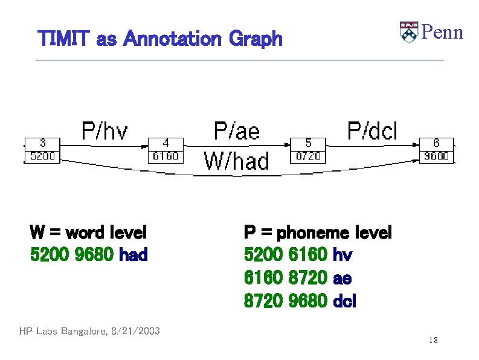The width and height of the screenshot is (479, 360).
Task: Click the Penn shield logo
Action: click(x=409, y=32)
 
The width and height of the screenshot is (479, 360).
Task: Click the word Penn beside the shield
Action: click(x=442, y=32)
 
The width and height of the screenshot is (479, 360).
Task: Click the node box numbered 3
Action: click(x=42, y=150)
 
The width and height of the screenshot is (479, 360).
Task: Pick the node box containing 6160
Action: click(x=166, y=150)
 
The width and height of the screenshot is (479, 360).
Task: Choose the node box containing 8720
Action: click(x=309, y=150)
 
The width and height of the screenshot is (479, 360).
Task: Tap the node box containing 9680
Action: click(x=436, y=150)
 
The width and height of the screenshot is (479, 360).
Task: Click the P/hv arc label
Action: click(x=105, y=130)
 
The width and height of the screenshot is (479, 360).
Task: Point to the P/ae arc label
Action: click(x=237, y=130)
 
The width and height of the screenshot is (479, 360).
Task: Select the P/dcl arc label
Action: click(x=372, y=130)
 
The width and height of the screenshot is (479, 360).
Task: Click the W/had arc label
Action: click(x=237, y=161)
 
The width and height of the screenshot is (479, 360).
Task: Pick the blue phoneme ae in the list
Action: click(x=342, y=278)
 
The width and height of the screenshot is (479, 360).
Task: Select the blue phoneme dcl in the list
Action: click(x=345, y=301)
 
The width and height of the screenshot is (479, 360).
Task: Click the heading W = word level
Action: click(x=88, y=233)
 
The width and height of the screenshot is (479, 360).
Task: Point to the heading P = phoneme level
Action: click(x=318, y=233)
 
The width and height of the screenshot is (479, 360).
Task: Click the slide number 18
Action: click(x=433, y=341)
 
